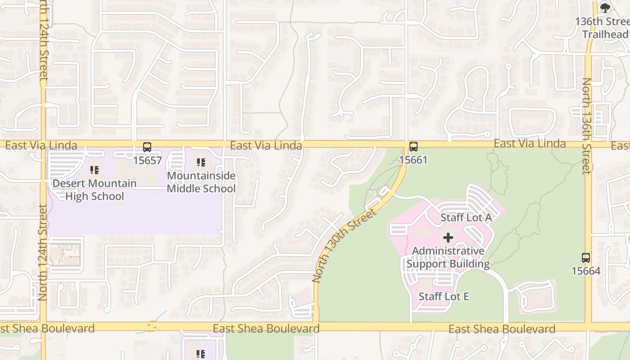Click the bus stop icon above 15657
pos(147,147)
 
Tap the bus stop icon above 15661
pos(413,146)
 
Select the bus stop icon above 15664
pos(585,258)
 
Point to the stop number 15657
pos(147,160)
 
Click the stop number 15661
pos(413,160)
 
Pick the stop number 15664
pos(586,271)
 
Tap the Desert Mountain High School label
pos(94,190)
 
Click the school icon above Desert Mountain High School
pos(94,170)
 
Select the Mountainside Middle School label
pos(201,182)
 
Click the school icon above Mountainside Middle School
pos(201,162)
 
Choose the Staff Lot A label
pos(466,217)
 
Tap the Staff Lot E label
pos(444,296)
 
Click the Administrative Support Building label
pos(448,257)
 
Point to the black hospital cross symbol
pos(448,238)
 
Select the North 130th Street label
pos(344,245)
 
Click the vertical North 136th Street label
pos(586,126)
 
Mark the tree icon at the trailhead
pos(605,8)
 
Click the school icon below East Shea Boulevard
pos(201,354)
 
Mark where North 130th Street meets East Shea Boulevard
pos(316,326)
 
